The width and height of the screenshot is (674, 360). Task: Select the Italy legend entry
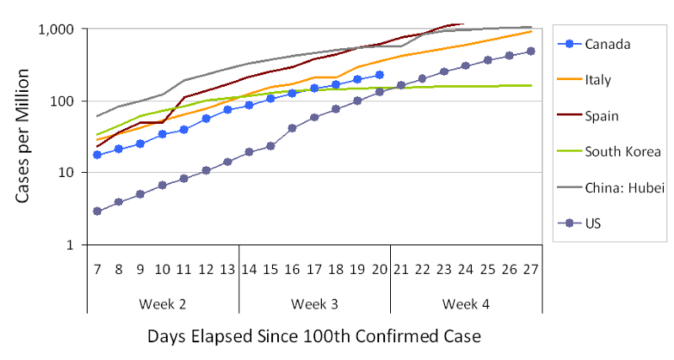tap(599, 81)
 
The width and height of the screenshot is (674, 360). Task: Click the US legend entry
tap(595, 223)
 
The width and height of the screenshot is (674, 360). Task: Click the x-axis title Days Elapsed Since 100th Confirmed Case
tap(314, 337)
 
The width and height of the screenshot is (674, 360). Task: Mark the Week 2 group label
tap(163, 302)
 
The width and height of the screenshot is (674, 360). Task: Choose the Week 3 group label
tap(314, 302)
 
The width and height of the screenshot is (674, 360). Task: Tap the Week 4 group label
tap(465, 302)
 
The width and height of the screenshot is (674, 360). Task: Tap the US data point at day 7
tap(98, 211)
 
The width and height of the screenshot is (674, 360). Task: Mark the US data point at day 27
tap(531, 51)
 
